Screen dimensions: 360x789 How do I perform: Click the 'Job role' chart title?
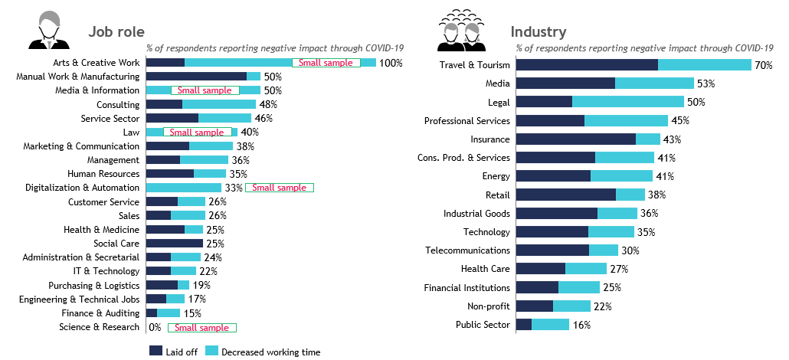click(x=116, y=31)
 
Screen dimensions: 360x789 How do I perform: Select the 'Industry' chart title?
click(x=539, y=31)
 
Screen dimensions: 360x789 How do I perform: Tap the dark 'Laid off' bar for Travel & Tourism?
click(x=587, y=65)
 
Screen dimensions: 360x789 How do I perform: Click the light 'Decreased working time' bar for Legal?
click(x=628, y=102)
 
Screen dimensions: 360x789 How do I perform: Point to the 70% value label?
click(x=763, y=65)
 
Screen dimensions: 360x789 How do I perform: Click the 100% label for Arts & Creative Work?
click(x=391, y=63)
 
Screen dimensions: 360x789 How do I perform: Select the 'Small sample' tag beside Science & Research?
click(x=202, y=328)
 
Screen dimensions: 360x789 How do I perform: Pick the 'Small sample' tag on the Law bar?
click(x=198, y=133)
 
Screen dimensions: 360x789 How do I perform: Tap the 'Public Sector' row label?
click(x=483, y=325)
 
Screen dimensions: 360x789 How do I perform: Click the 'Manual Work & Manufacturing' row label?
click(x=78, y=77)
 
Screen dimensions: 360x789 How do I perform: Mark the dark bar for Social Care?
click(x=174, y=244)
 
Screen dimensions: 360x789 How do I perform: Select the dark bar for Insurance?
click(x=576, y=139)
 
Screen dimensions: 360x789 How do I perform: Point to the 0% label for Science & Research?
click(x=155, y=327)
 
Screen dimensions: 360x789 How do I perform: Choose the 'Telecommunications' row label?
click(x=467, y=250)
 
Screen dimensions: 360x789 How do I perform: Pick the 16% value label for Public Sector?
click(x=581, y=325)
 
